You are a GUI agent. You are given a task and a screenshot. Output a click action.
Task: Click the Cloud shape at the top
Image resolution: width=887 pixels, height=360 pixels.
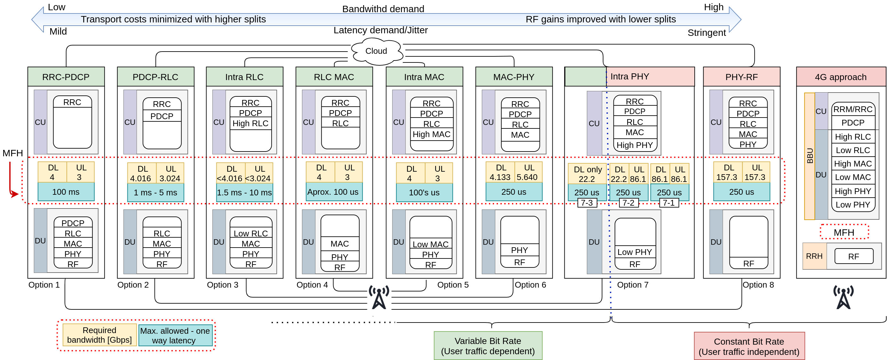coord(376,51)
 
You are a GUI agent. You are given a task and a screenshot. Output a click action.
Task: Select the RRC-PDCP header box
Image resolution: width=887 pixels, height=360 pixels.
coord(66,77)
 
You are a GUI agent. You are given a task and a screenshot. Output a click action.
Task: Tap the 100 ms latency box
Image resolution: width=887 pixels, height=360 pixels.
coord(66,192)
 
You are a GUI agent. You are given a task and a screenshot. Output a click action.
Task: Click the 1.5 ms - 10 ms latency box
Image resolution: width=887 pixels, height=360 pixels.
coord(244,192)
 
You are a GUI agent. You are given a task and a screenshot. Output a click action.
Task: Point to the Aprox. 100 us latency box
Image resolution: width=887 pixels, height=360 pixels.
coord(333,192)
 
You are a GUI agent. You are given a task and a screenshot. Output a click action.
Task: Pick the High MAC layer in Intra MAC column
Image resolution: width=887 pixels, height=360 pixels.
coord(431,134)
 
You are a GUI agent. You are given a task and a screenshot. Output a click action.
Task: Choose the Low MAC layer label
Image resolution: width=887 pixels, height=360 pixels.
coord(430,244)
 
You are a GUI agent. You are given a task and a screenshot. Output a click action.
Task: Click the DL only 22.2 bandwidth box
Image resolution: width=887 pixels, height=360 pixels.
coord(587,174)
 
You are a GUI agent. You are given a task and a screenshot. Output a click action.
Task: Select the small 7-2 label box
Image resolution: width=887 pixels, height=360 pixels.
coord(628,203)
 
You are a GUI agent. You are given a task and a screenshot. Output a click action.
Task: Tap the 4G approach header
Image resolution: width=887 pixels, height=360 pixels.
coord(841,77)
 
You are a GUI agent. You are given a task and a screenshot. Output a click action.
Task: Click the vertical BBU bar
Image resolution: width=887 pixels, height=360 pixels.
coord(810,156)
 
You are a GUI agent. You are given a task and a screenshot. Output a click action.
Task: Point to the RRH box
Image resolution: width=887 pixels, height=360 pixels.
coord(814,256)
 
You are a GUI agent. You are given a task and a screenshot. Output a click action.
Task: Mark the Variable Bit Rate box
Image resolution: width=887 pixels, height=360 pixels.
coord(488,346)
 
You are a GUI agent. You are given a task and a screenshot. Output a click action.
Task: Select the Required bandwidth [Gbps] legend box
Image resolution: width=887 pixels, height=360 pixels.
coord(100,335)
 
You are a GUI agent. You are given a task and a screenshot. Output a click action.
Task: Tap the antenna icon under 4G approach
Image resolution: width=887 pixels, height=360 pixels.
coord(843,297)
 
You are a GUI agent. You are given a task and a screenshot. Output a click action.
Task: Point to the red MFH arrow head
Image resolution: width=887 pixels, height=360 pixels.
coord(14,194)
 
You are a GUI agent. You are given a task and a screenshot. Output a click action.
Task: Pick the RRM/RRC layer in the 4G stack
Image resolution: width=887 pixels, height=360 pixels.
coord(852,110)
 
